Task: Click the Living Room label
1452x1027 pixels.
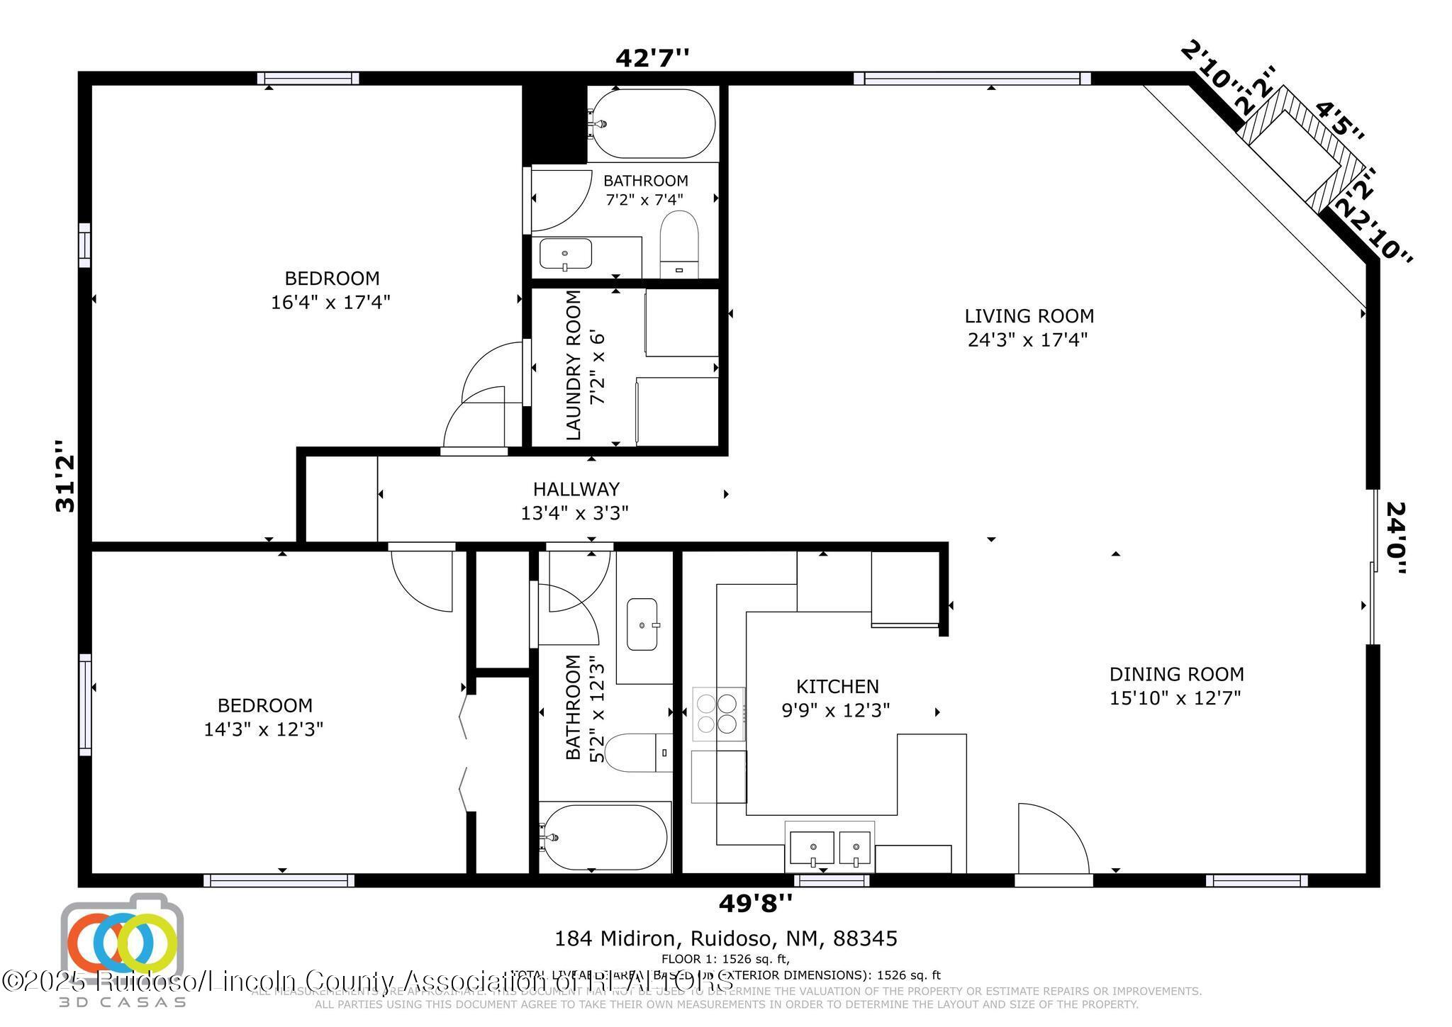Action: (x=1028, y=315)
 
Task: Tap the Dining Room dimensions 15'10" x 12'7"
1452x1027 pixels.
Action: (x=1175, y=698)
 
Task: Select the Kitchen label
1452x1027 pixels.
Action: (x=837, y=686)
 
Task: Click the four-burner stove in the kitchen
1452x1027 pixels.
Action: (x=717, y=713)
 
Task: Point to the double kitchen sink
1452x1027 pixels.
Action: (x=830, y=848)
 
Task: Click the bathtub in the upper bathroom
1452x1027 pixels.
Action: (x=653, y=123)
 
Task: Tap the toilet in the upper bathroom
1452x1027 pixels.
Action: (x=679, y=245)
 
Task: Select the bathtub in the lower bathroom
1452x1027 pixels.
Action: (x=604, y=838)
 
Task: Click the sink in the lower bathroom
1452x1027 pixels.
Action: (x=643, y=624)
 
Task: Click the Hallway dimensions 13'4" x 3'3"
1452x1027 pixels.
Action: (x=574, y=512)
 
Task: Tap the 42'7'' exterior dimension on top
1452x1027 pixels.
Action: (x=652, y=57)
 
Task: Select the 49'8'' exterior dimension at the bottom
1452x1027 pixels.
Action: (x=755, y=904)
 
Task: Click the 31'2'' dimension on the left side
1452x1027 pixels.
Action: (x=65, y=476)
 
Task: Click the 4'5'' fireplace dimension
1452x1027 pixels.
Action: (x=1339, y=121)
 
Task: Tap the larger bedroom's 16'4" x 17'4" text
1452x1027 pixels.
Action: (x=330, y=303)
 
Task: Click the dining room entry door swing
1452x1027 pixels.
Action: (x=1051, y=840)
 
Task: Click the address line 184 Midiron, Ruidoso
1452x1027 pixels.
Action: (x=725, y=938)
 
